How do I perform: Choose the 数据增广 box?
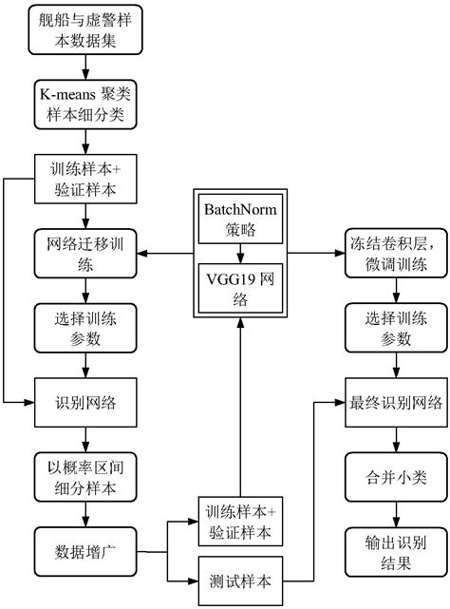coord(86,549)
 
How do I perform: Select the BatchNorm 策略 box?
coord(239,219)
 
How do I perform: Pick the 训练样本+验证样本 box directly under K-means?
coord(86,179)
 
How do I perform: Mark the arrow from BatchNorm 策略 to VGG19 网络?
coord(239,254)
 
